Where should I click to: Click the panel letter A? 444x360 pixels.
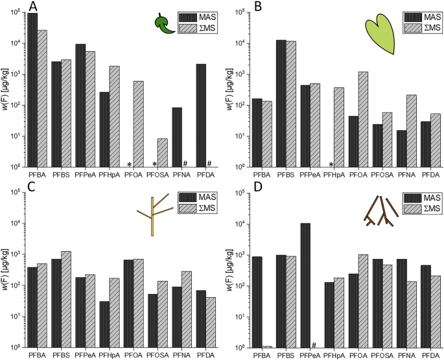click(x=32, y=10)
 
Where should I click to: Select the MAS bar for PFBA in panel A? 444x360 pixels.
click(x=32, y=90)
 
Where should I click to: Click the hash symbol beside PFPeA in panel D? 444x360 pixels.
click(x=313, y=344)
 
